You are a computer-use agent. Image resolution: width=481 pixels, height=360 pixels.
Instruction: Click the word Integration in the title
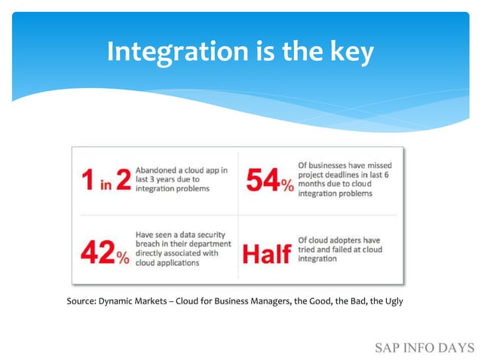(x=175, y=52)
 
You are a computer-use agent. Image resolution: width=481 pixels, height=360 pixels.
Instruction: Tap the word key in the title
(x=351, y=52)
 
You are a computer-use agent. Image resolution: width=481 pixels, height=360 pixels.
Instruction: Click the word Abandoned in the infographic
(x=158, y=170)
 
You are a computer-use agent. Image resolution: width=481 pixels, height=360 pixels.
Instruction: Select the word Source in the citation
(x=81, y=301)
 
